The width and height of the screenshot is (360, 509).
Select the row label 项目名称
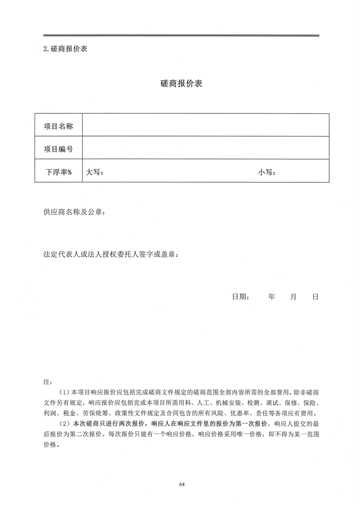pos(58,126)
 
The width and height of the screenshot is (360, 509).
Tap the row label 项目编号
pos(58,149)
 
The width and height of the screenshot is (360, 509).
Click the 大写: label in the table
pos(95,172)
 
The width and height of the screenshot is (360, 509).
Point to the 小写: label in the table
pos(267,172)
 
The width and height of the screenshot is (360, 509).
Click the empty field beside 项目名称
pos(205,126)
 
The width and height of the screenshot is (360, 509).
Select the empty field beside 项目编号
pos(205,149)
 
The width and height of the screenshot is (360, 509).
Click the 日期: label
pos(240,297)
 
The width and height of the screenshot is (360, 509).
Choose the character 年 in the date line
pos(271,297)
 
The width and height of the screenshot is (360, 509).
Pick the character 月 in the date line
pos(293,297)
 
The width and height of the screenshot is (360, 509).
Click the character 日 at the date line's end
pos(315,297)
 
